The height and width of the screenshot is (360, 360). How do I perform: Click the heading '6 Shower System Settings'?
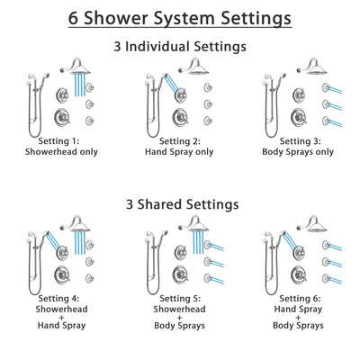180,17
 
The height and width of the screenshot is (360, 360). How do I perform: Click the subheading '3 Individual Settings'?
180,46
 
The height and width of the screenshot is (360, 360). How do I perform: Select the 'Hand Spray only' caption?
181,152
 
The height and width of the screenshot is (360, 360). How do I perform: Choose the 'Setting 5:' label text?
180,297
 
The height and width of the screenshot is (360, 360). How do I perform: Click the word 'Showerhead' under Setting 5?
180,308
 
